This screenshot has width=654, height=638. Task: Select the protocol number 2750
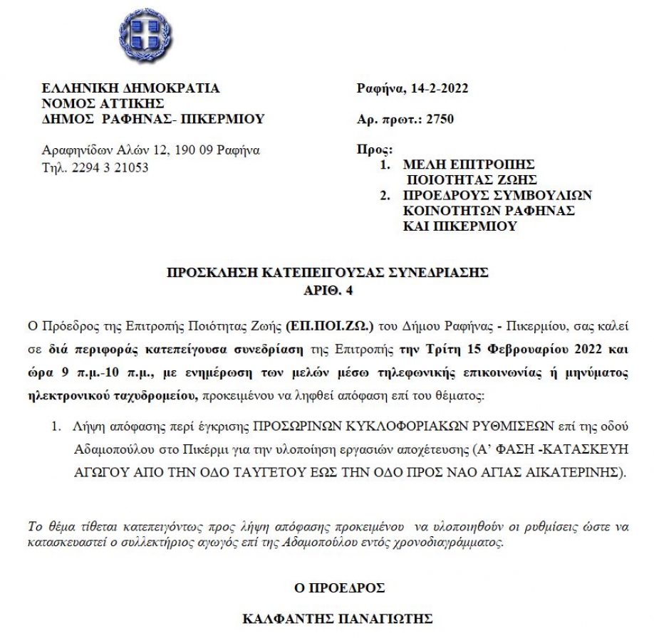click(440, 119)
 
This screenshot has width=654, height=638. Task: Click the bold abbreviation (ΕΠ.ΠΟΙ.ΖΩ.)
click(322, 327)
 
